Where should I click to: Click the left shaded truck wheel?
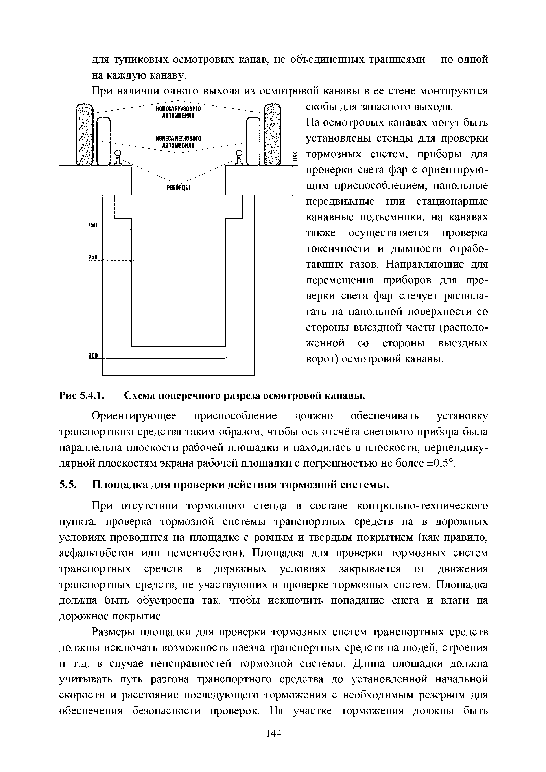tap(84, 135)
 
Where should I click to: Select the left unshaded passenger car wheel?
tap(104, 141)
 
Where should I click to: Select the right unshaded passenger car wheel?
tap(253, 141)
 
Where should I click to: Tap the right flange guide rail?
tap(239, 158)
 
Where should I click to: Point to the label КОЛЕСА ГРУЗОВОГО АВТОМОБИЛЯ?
tap(178, 112)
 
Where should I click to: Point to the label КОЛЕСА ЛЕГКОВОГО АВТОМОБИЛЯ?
tap(178, 142)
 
